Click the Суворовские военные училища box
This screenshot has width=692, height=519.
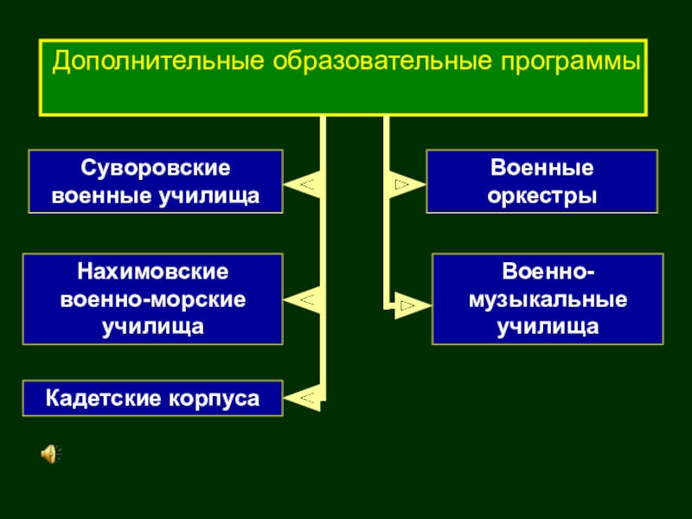pyautogui.click(x=156, y=182)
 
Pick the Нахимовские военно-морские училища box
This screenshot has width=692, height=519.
pyautogui.click(x=153, y=298)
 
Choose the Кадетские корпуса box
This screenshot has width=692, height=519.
pyautogui.click(x=153, y=399)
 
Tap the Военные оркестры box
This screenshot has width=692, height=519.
pyautogui.click(x=542, y=182)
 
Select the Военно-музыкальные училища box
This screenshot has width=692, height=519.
pyautogui.click(x=548, y=298)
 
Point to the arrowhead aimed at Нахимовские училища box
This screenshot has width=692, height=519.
pyautogui.click(x=304, y=300)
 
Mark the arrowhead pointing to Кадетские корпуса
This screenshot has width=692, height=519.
pyautogui.click(x=304, y=398)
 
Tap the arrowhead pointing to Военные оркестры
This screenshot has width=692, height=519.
pyautogui.click(x=405, y=183)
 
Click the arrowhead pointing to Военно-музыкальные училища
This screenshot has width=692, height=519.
pyautogui.click(x=410, y=304)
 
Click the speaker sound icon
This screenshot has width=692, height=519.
pyautogui.click(x=50, y=452)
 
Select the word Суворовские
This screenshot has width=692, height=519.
pyautogui.click(x=156, y=167)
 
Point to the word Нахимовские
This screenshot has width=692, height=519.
pyautogui.click(x=153, y=272)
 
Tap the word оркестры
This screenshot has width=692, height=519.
pyautogui.click(x=542, y=196)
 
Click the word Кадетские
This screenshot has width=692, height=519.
pyautogui.click(x=101, y=399)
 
